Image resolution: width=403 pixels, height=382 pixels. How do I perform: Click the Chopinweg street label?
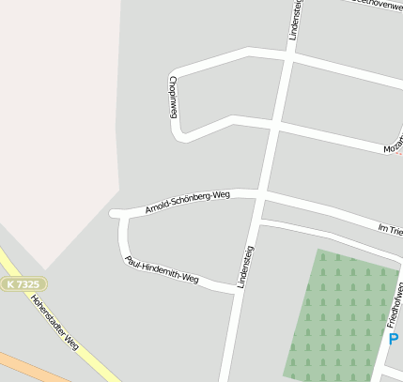click(x=174, y=96)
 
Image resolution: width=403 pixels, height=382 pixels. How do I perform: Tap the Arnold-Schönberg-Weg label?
click(x=187, y=202)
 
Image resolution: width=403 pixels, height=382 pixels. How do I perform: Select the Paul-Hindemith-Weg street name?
click(x=162, y=269)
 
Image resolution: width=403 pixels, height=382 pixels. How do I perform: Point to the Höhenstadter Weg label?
click(x=54, y=323)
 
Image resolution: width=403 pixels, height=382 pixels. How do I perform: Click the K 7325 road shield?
click(x=23, y=283)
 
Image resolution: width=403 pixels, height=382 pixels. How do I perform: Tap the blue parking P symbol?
click(x=394, y=339)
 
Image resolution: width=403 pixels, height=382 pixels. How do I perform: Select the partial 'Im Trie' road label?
click(x=389, y=229)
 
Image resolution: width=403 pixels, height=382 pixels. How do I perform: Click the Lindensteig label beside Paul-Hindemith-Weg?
click(x=248, y=267)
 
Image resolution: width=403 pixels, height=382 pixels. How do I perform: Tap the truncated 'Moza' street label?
click(x=392, y=146)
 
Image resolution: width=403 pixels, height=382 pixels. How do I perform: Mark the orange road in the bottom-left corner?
click(x=28, y=367)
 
